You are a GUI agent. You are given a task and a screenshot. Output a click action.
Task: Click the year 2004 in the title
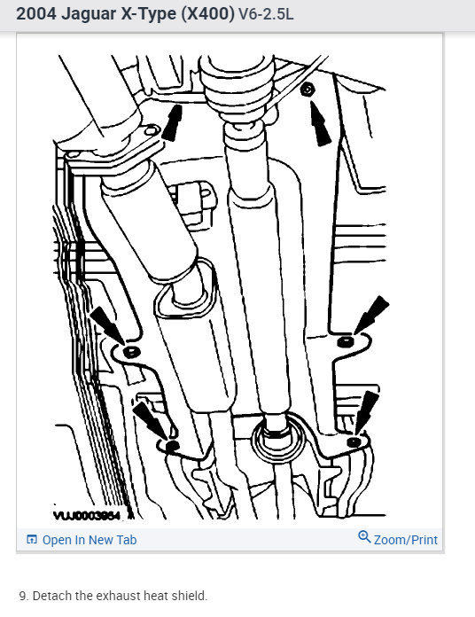click(37, 15)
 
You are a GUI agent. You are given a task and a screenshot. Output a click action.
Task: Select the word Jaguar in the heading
click(95, 15)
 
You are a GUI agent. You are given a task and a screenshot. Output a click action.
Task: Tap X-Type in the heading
click(161, 15)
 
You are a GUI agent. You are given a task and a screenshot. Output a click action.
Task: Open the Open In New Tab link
click(89, 540)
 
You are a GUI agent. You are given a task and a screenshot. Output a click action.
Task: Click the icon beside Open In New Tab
click(32, 540)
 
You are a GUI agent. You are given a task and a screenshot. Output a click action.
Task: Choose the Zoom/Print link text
click(406, 540)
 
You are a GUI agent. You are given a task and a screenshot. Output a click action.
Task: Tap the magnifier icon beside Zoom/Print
click(364, 537)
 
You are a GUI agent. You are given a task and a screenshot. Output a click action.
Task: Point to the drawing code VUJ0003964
click(88, 513)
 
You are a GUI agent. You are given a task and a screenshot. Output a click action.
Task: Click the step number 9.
click(21, 596)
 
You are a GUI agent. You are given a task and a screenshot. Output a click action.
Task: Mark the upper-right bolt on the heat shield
click(306, 89)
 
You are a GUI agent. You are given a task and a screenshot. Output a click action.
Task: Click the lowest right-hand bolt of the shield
click(354, 441)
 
